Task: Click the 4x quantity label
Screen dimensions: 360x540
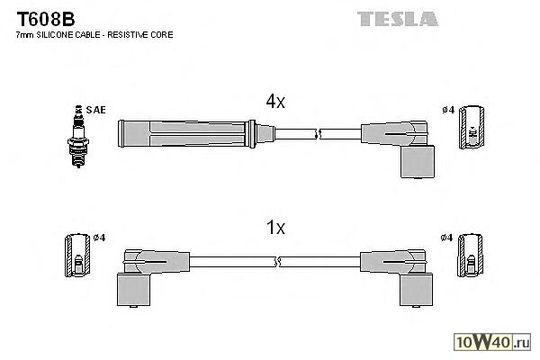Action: click(274, 103)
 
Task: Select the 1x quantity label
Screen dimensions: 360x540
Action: click(274, 229)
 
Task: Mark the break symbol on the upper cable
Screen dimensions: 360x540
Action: click(317, 135)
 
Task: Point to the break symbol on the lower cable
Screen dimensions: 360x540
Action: click(276, 262)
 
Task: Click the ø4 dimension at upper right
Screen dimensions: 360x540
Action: click(447, 111)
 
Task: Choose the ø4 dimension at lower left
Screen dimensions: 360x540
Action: click(99, 238)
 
